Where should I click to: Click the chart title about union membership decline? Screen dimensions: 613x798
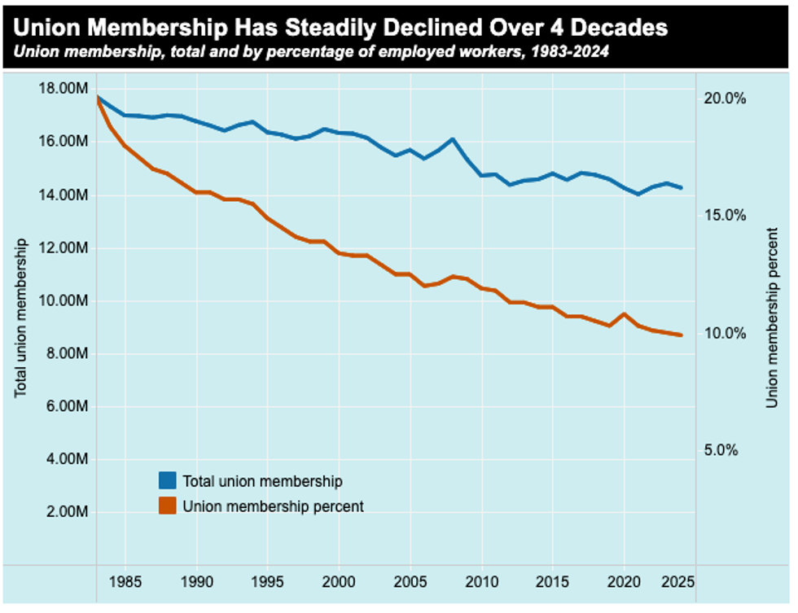(340, 28)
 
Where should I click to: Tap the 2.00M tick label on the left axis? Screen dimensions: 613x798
(65, 512)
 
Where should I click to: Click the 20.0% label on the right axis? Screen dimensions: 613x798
(725, 99)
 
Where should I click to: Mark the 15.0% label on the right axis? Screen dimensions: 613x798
(725, 216)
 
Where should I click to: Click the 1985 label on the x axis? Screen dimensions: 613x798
(125, 584)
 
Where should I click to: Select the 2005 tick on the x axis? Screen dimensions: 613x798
(410, 584)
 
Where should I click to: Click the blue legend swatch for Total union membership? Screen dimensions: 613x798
(168, 480)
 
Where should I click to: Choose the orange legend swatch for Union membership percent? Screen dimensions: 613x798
(168, 506)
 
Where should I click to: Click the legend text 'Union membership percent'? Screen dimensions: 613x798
(273, 506)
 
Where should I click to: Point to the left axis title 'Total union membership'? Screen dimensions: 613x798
(22, 317)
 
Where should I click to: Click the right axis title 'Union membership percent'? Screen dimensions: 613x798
(773, 317)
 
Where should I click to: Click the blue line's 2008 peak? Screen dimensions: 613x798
(454, 139)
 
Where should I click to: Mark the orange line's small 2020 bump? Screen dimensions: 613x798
(625, 314)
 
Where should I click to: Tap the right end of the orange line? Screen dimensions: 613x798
(682, 335)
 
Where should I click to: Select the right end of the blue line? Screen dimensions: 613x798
(682, 188)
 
